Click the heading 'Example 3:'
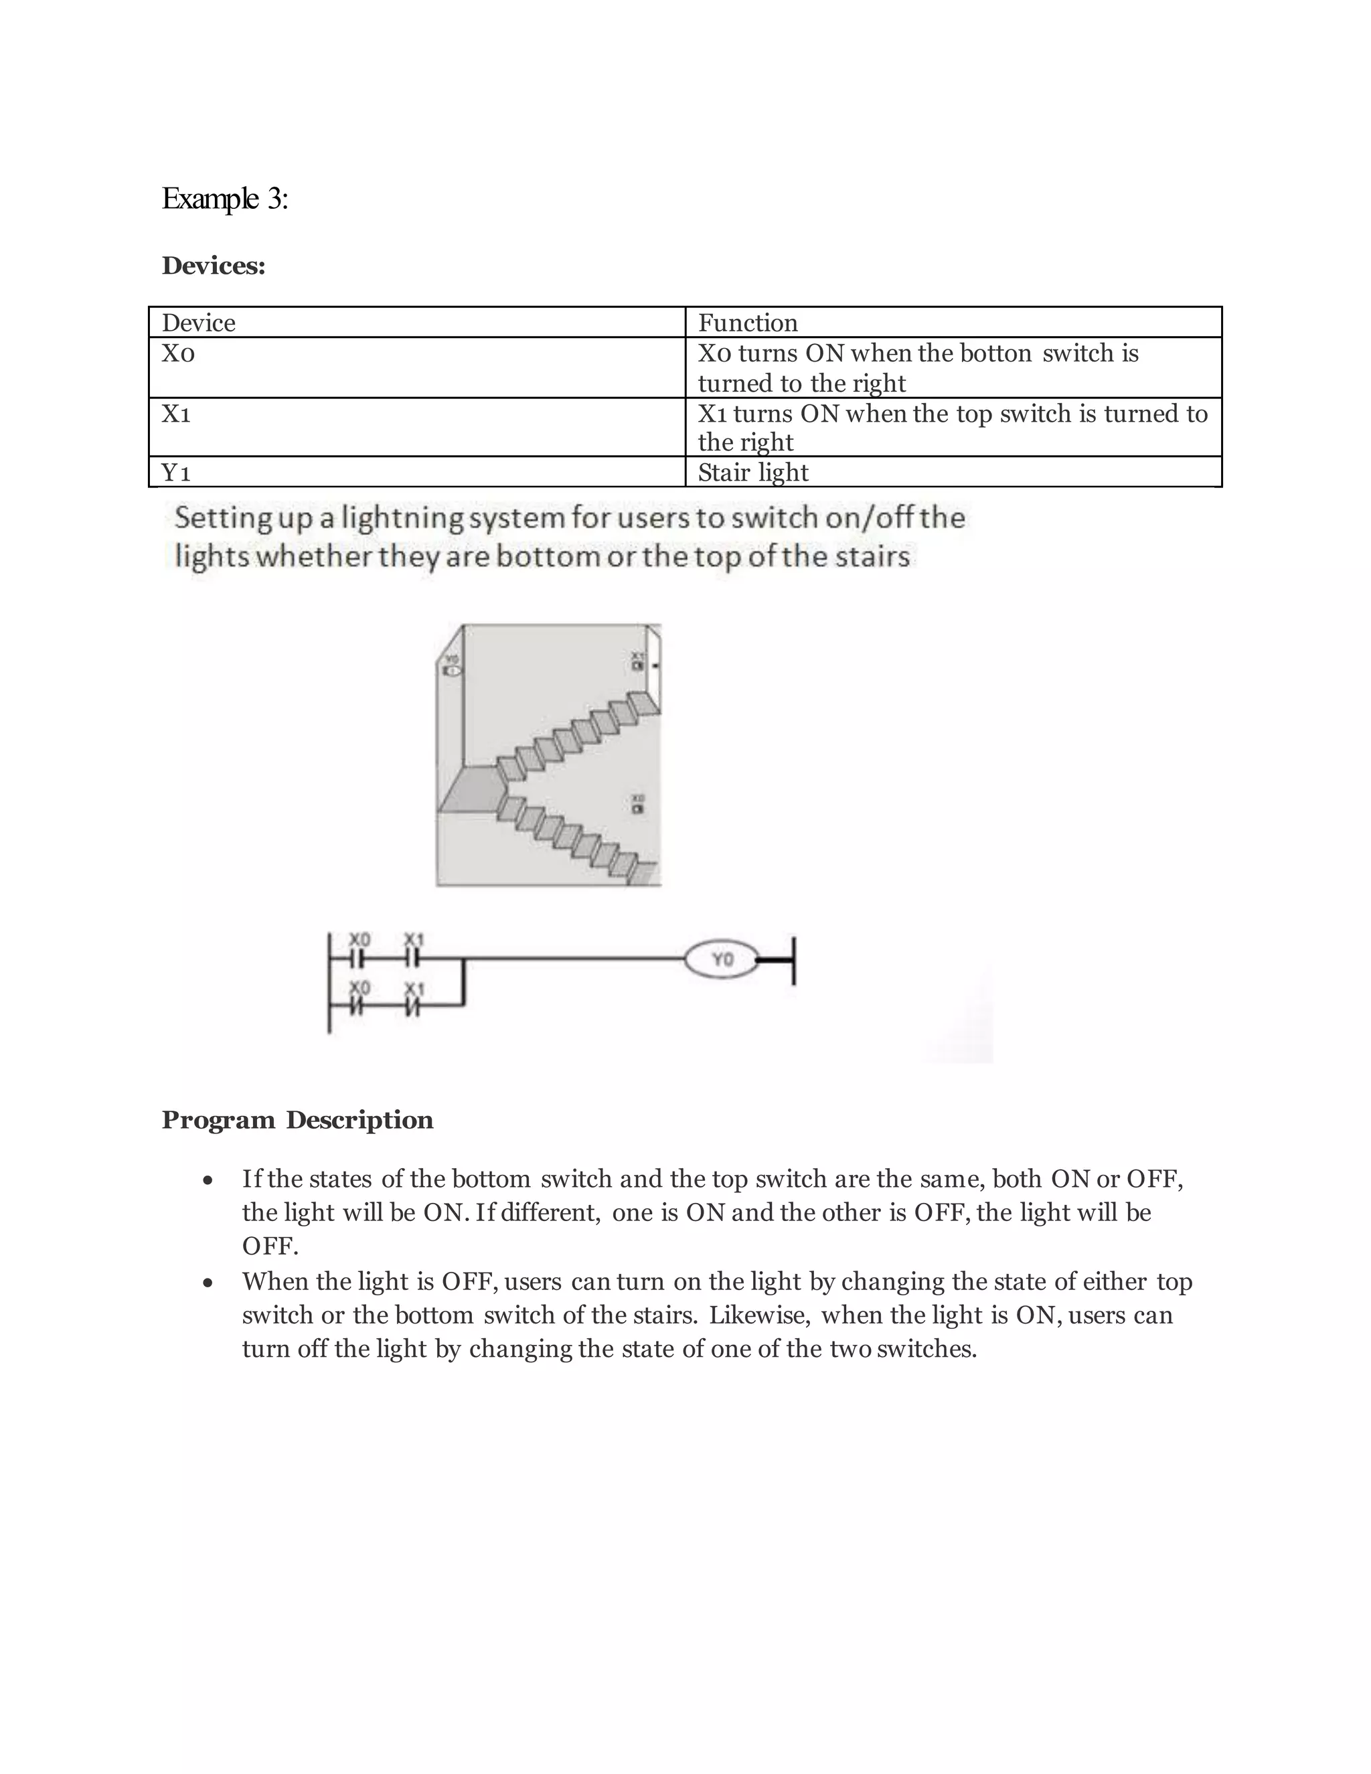click(x=225, y=199)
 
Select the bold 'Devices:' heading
click(x=214, y=266)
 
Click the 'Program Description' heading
click(x=297, y=1119)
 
